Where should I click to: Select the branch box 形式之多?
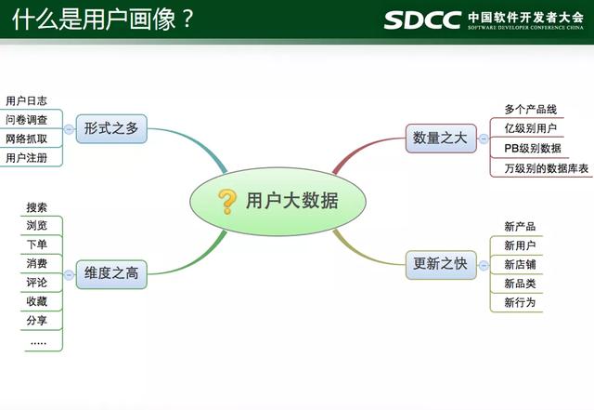tap(110, 129)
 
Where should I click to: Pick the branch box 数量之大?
tap(440, 139)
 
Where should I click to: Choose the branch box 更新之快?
tap(440, 263)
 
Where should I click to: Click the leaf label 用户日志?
tap(26, 100)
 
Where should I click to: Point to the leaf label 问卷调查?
tap(26, 120)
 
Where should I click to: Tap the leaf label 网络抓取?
tap(26, 139)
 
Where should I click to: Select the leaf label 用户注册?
tap(26, 158)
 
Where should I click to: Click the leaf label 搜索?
tap(37, 207)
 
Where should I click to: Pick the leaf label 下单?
tap(37, 245)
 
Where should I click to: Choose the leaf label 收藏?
tap(37, 301)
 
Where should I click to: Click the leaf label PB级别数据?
tap(532, 149)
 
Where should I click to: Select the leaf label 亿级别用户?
tap(531, 129)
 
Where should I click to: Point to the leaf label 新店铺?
tap(520, 264)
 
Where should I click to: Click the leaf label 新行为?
tap(520, 302)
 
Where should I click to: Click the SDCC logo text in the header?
tap(422, 20)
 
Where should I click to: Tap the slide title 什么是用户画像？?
tap(102, 20)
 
